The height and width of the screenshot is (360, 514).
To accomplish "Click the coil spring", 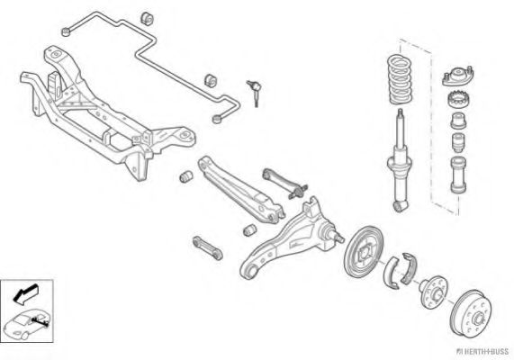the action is [400, 79].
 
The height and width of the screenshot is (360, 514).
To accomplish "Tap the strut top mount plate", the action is [457, 76].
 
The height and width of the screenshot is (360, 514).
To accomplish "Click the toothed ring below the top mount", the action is [458, 99].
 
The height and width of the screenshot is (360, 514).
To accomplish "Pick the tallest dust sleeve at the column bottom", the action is [458, 175].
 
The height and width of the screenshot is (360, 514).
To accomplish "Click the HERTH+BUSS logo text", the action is [482, 351].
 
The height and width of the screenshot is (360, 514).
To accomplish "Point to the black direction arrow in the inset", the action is [25, 293].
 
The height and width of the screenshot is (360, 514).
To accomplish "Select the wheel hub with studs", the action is [433, 290].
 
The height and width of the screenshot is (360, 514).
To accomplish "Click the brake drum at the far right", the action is [471, 312].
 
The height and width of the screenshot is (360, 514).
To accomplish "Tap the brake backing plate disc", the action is [364, 251].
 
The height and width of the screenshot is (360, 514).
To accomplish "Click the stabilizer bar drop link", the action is [255, 93].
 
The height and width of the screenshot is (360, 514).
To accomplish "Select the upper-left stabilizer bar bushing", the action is [147, 18].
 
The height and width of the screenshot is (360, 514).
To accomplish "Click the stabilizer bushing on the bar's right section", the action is [212, 81].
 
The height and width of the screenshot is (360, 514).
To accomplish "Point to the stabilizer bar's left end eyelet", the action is [67, 31].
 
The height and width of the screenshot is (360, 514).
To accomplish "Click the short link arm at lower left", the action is [208, 247].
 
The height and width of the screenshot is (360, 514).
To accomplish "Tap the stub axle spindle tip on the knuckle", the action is [340, 238].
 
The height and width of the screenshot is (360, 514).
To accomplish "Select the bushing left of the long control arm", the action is [186, 176].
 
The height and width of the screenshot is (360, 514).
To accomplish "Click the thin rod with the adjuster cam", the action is [284, 183].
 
